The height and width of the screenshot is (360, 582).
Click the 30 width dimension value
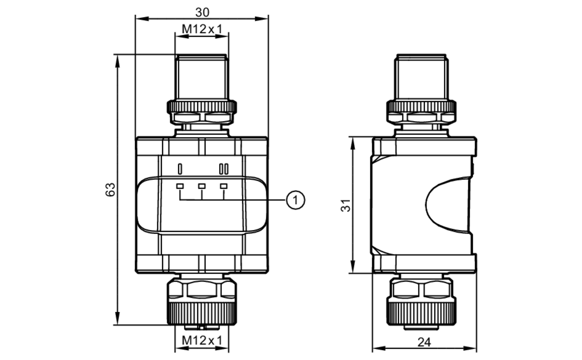click(202, 12)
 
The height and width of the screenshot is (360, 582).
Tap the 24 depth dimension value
click(424, 342)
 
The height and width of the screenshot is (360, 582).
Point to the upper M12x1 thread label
click(202, 29)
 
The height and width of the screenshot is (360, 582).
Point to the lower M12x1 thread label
click(202, 340)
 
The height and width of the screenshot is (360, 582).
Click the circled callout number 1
click(296, 200)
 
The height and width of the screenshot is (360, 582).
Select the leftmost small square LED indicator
click(180, 186)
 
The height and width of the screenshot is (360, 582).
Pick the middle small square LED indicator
click(202, 186)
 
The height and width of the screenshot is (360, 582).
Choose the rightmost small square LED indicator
click(223, 186)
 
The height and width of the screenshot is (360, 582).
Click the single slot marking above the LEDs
click(180, 169)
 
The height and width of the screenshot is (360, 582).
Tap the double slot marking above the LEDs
click(223, 169)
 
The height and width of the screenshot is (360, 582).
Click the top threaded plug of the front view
click(202, 77)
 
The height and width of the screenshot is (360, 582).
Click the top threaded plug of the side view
click(421, 77)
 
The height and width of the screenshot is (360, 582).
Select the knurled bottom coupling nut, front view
click(202, 313)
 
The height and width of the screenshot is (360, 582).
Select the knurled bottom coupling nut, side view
click(421, 313)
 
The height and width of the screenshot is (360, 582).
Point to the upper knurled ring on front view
click(202, 106)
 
